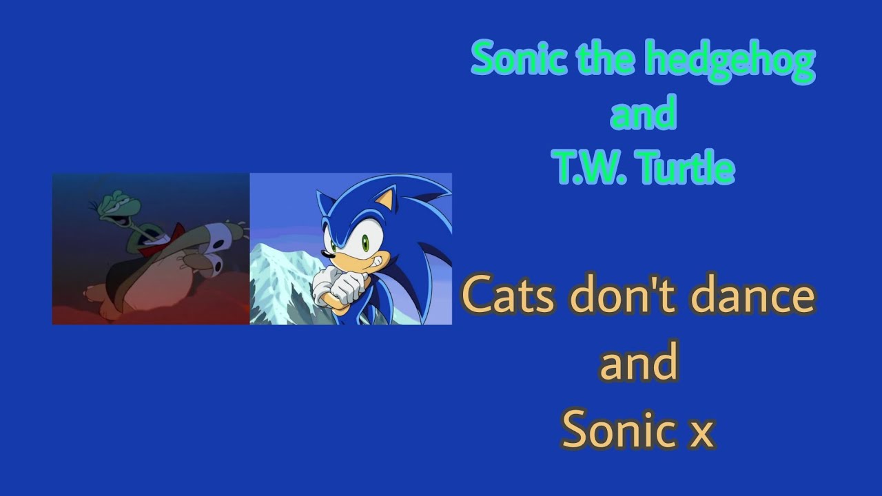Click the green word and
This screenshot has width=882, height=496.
(642, 115)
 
